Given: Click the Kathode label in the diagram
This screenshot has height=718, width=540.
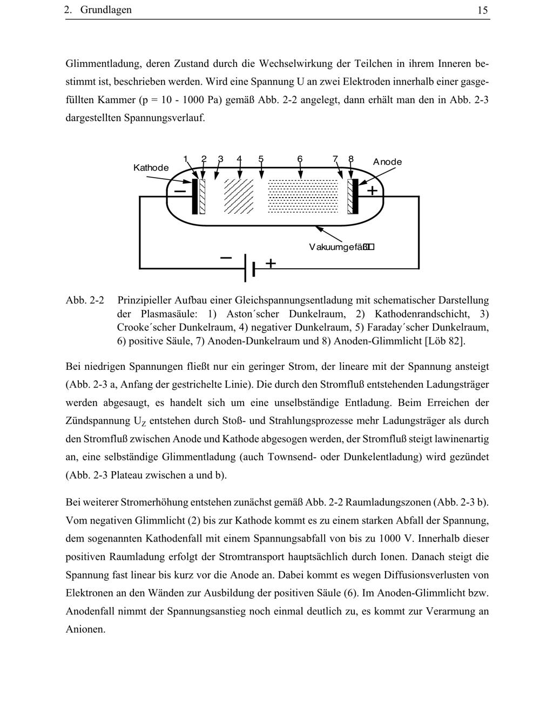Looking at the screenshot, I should tap(151, 168).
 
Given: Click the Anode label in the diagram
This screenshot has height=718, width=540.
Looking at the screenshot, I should tap(387, 162).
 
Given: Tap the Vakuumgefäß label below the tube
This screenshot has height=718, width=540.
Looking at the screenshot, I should tap(341, 247).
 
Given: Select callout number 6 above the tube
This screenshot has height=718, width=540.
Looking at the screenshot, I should tap(300, 159).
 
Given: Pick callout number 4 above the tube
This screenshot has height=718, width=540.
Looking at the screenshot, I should tap(239, 159).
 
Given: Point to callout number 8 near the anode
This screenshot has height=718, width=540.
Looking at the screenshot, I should tap(351, 159).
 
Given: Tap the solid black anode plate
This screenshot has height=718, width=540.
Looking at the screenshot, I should tap(355, 197).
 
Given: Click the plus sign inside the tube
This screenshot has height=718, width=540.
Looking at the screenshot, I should tap(372, 191).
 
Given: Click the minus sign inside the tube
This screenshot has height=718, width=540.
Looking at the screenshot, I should tap(180, 191).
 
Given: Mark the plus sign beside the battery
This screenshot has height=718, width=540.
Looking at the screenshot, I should tap(271, 263).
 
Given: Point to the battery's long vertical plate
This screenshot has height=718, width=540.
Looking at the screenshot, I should tap(246, 268).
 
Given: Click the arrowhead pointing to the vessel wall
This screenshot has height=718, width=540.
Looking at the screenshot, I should tap(319, 229).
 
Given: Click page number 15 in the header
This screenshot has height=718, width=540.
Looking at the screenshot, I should tap(483, 10).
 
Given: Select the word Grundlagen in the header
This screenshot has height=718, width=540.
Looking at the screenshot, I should tap(106, 10).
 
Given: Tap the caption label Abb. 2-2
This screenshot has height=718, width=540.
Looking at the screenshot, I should tap(85, 300).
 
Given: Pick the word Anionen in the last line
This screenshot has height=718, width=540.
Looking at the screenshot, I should tap(85, 629).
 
